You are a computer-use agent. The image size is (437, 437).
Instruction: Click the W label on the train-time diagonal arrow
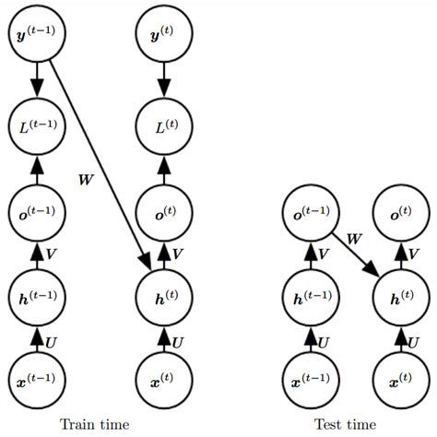(86, 178)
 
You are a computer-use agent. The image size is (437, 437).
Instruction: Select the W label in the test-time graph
(354, 239)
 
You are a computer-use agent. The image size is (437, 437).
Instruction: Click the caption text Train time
(94, 424)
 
